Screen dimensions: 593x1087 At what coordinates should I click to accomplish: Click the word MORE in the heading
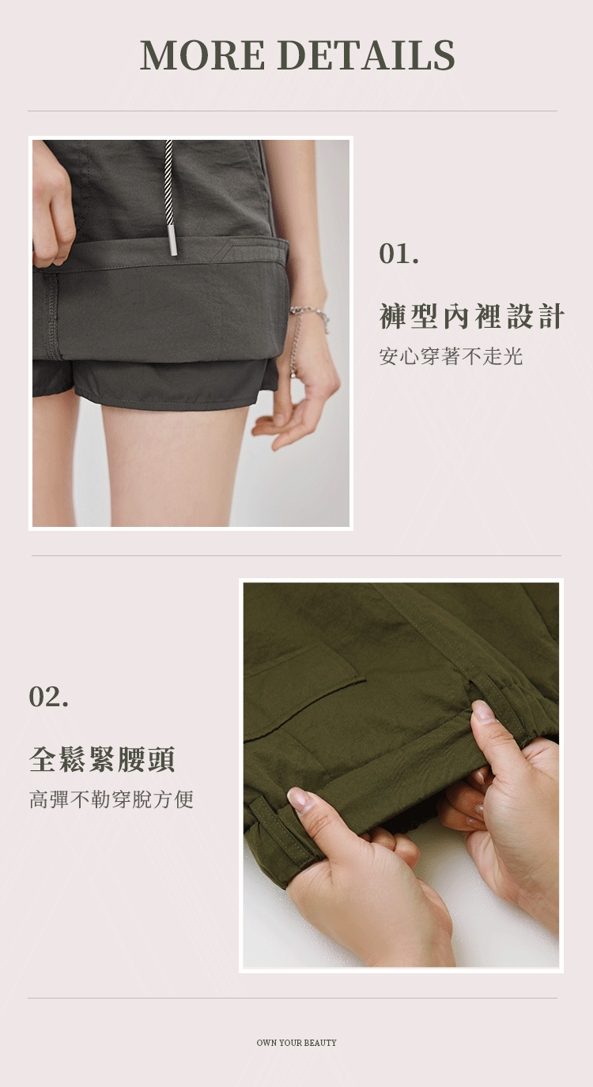click(202, 55)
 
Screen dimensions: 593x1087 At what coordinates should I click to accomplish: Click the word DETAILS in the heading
click(368, 55)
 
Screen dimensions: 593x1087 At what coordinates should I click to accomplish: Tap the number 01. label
click(398, 254)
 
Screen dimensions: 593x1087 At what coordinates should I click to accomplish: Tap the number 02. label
click(48, 697)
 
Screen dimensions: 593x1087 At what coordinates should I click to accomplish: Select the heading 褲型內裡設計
click(471, 316)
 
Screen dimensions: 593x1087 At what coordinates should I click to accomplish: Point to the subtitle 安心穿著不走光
click(451, 356)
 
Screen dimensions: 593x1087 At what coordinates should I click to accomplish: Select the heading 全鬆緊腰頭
click(102, 759)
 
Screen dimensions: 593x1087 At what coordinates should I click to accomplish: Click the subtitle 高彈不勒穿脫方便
click(111, 799)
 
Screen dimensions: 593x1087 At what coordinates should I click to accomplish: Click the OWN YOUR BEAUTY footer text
click(296, 1042)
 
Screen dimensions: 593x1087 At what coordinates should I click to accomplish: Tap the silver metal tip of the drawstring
click(173, 239)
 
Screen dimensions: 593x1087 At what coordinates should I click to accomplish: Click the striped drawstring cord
click(169, 182)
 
